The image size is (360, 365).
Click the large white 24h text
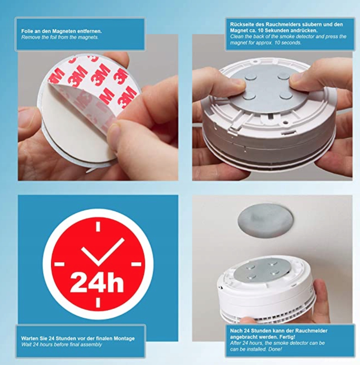[97, 282]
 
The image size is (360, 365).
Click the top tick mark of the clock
[98, 226]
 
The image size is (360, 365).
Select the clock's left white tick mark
[59, 264]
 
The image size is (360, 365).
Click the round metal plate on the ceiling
[265, 220]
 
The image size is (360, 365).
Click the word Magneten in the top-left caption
[53, 31]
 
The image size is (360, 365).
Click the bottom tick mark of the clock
[98, 302]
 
